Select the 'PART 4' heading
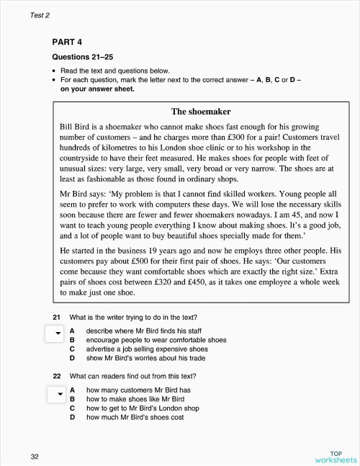pos(72,42)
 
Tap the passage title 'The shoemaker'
pos(201,111)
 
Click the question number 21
pos(56,317)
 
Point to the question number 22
pos(56,376)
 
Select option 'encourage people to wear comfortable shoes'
pos(156,339)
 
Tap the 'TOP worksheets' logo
pos(335,456)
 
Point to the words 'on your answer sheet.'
pos(96,89)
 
